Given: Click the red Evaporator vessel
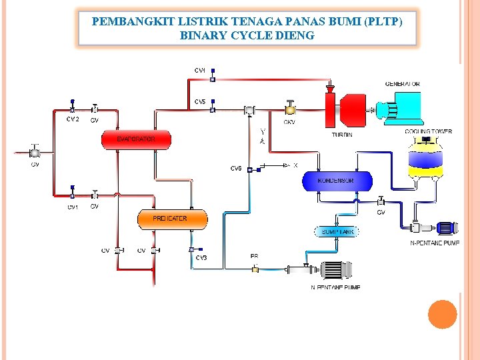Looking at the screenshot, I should (136, 139).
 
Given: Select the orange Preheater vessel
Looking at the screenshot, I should (172, 219).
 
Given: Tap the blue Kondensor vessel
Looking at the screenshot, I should (337, 181).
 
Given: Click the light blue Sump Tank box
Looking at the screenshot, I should (337, 232).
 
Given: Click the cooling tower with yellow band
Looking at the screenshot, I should (427, 161).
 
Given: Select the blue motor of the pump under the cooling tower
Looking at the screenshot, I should (445, 228).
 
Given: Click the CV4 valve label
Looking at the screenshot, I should (200, 70).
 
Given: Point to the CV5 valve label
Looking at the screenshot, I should (200, 102).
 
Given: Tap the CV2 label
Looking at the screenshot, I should (72, 119).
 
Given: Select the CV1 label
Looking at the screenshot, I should (72, 207).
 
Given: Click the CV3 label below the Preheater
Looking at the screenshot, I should (201, 257).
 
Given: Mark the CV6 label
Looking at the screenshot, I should (236, 169).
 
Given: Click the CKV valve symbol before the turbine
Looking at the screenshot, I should (290, 107).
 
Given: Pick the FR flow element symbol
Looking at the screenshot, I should (255, 269).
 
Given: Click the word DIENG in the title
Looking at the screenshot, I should (295, 35).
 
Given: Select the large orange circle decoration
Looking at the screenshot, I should (442, 314).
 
